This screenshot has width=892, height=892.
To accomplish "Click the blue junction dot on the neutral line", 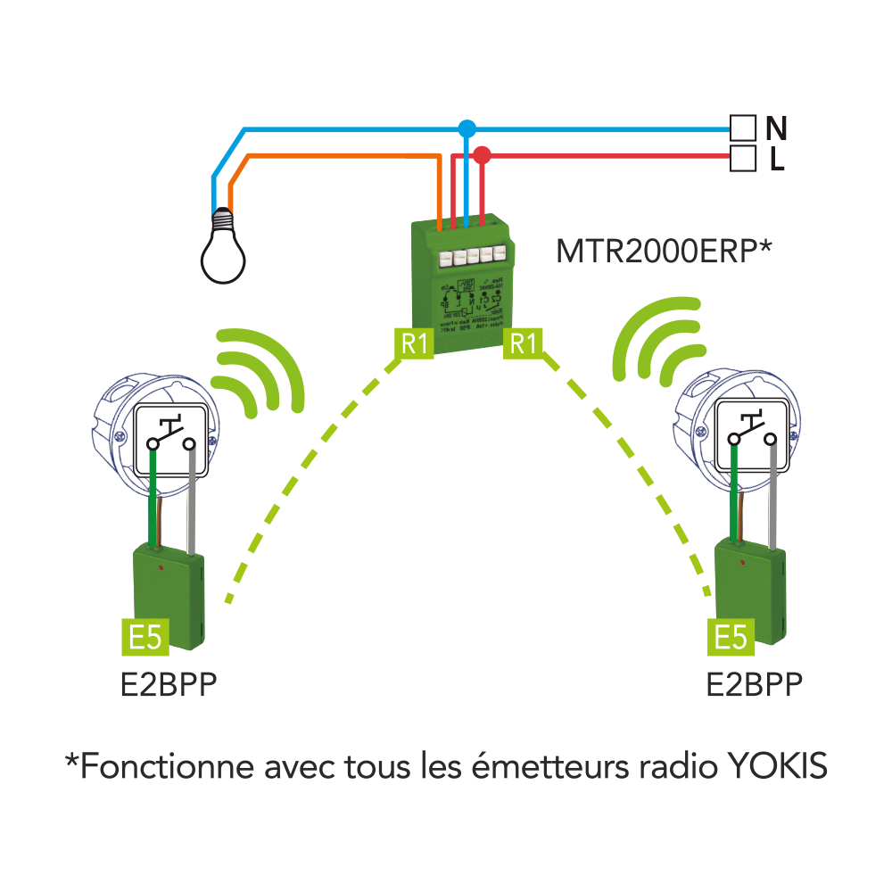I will [x=466, y=129].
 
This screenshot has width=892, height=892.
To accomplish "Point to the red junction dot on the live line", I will [x=482, y=155].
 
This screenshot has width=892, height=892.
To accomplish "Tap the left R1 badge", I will [x=415, y=343].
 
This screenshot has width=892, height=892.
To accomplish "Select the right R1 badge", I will [x=524, y=343].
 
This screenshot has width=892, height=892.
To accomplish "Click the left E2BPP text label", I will [x=169, y=685].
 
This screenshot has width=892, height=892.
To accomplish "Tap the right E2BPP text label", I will [x=753, y=685].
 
